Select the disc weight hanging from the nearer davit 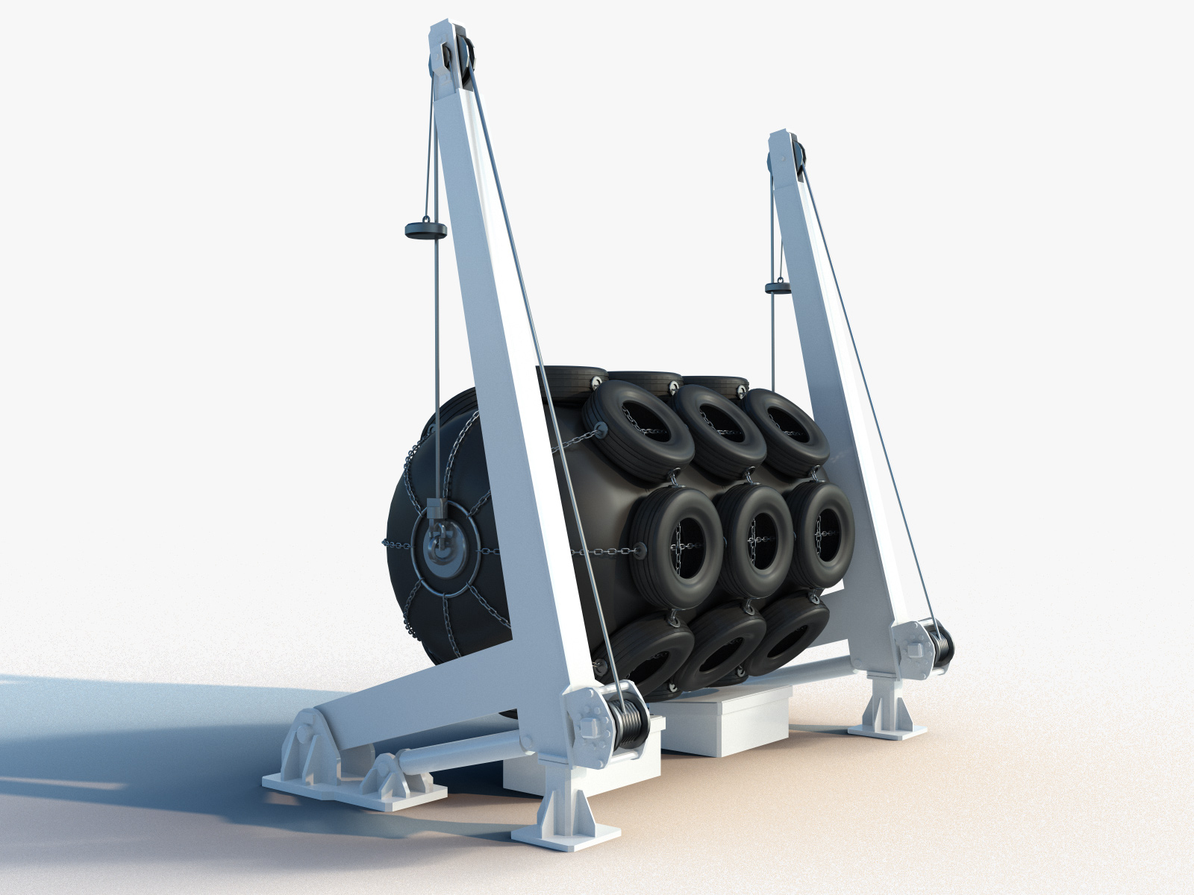(424, 230)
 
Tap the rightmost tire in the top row (787, 429)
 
